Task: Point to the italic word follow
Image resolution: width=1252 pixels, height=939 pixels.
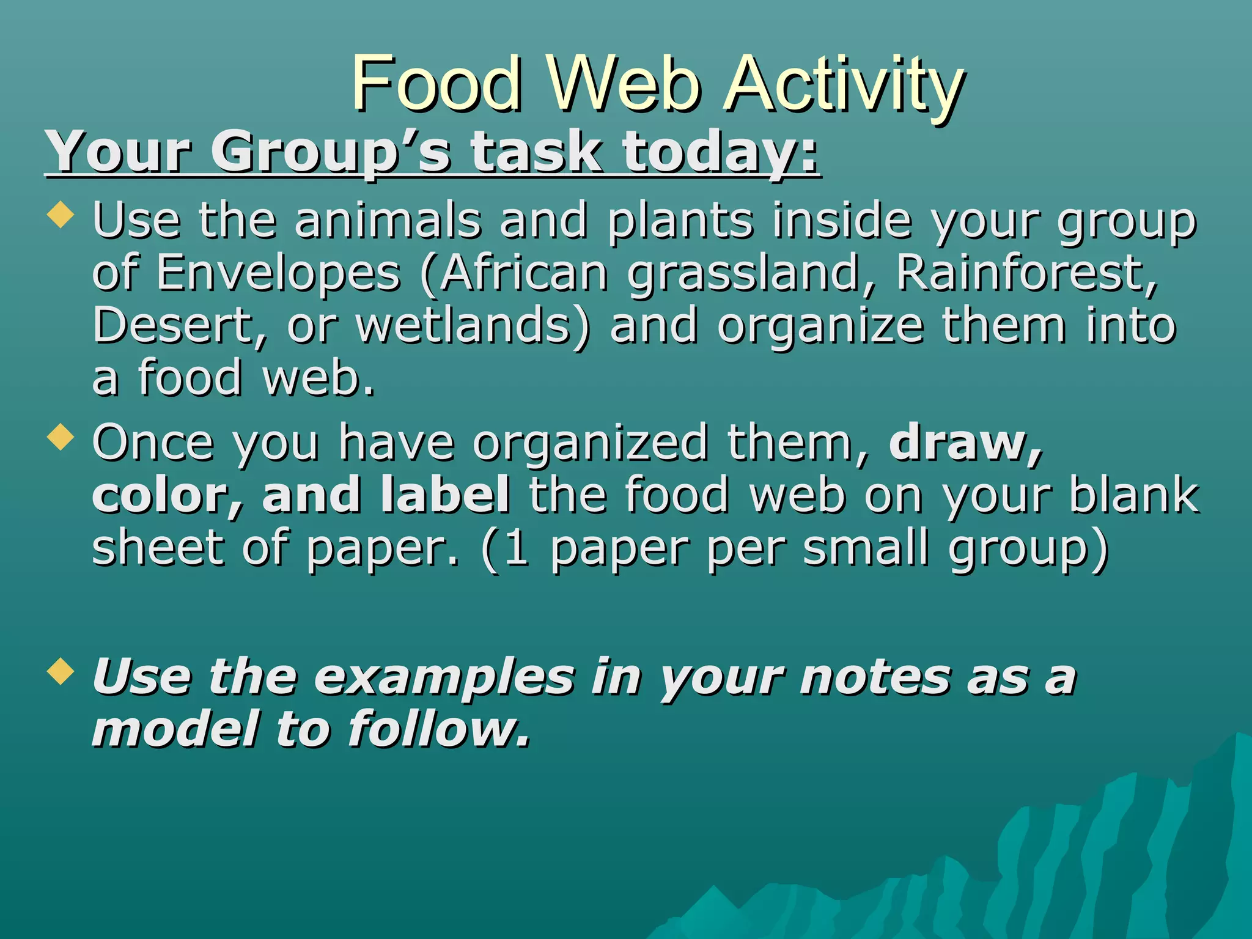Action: [438, 729]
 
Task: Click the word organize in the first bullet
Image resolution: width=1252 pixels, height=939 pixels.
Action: [820, 325]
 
